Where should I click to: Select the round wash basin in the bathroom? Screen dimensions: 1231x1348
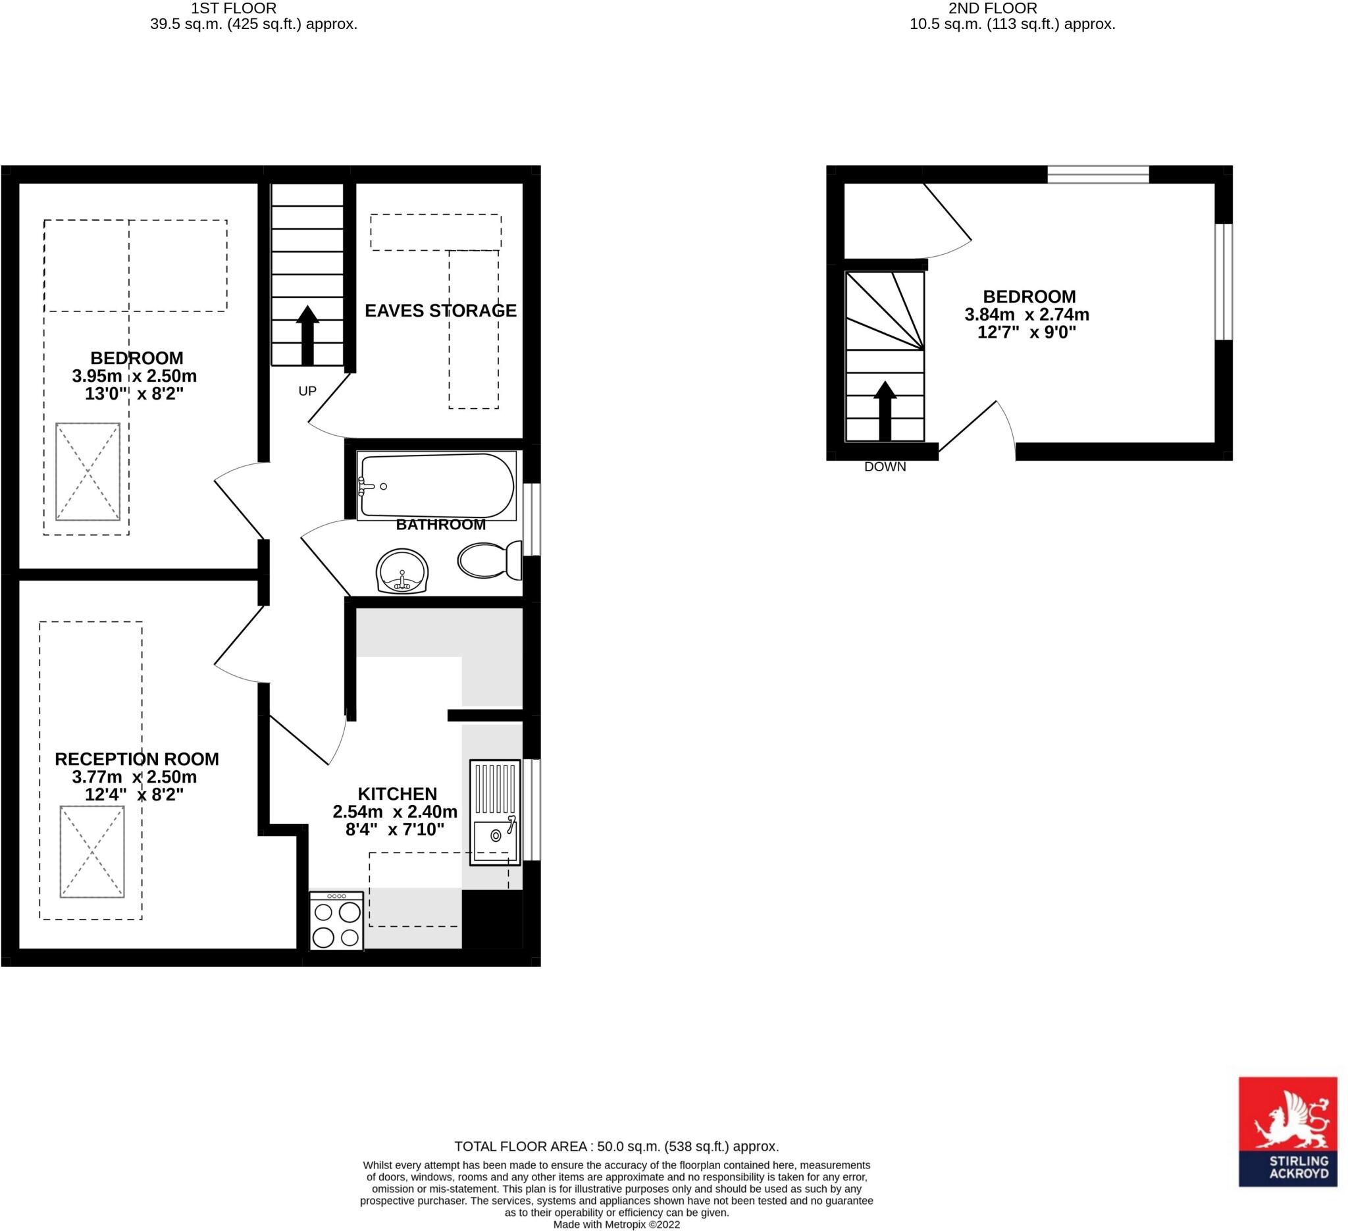pos(402,571)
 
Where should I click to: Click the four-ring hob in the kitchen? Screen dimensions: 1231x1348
pos(336,922)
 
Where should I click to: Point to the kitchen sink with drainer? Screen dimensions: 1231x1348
pos(495,812)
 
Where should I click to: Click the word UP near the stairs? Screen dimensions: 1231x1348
pos(307,391)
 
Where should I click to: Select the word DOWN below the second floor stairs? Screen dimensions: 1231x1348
pos(885,467)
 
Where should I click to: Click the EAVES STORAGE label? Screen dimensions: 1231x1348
pos(440,311)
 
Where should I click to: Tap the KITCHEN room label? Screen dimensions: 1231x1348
pos(397,794)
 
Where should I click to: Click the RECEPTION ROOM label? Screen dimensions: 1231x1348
pos(137,759)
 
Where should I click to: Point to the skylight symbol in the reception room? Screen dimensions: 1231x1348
pos(92,852)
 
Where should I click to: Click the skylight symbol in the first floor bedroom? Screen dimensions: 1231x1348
pos(88,471)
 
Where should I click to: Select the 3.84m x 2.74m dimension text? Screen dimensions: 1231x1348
pos(1027,314)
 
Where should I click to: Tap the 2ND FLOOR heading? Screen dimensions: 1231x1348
pos(993,8)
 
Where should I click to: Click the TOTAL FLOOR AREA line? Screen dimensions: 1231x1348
pos(617,1146)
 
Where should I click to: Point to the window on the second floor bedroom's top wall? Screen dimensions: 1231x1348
pos(1098,174)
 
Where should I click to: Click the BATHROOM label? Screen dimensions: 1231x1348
pos(440,525)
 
